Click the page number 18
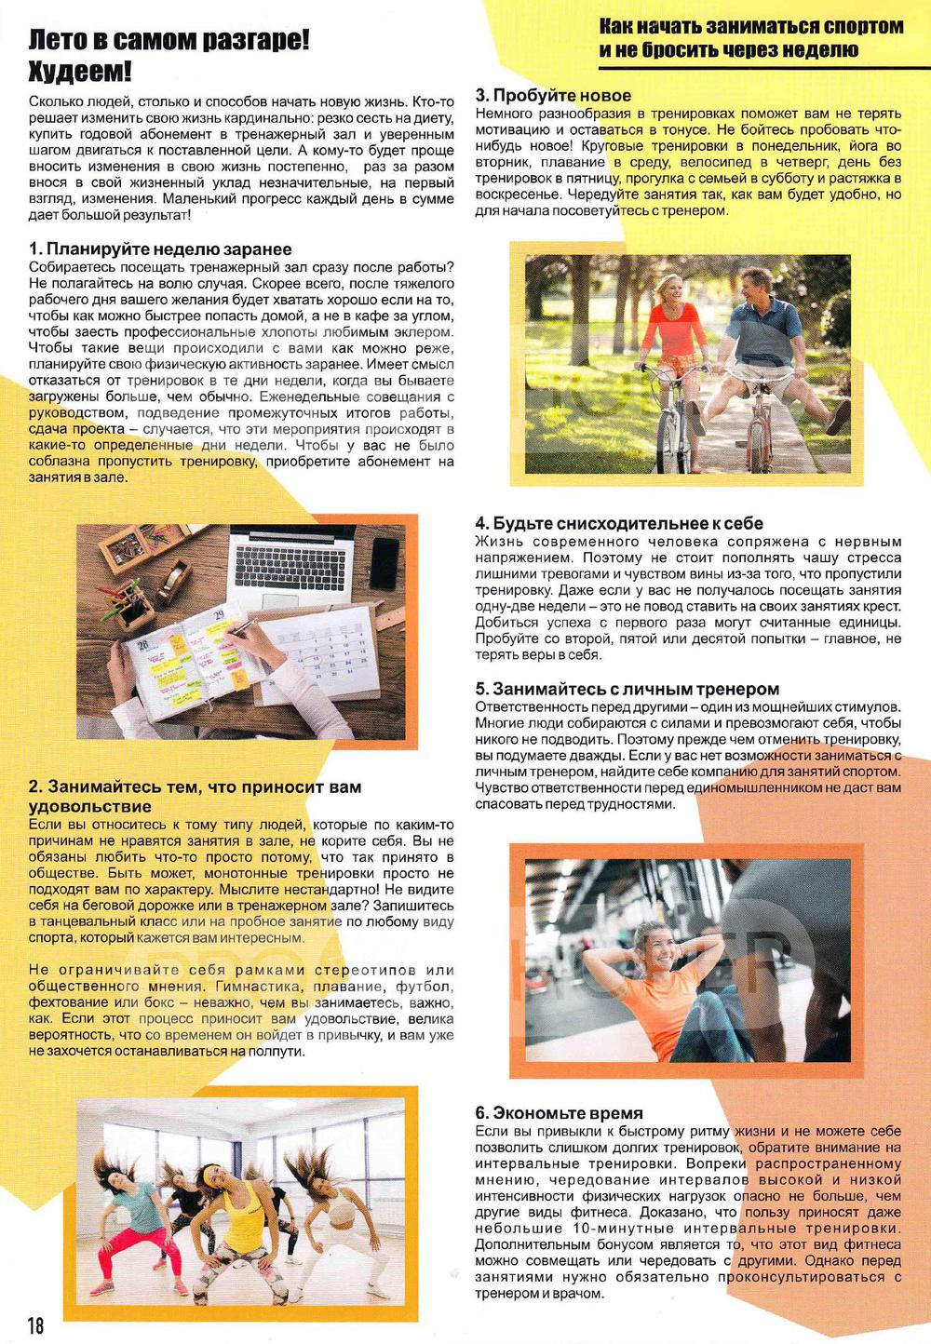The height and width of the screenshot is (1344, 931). [35, 1324]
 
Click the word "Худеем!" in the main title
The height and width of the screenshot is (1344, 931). [80, 72]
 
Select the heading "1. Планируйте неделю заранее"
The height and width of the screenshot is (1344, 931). [160, 249]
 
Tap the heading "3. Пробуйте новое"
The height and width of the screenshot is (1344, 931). [553, 95]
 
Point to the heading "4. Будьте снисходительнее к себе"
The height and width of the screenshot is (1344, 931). [619, 523]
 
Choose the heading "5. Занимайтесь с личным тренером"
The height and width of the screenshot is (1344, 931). [627, 689]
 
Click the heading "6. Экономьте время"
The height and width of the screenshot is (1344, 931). [559, 1112]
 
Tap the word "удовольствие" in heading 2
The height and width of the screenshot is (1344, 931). [89, 806]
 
